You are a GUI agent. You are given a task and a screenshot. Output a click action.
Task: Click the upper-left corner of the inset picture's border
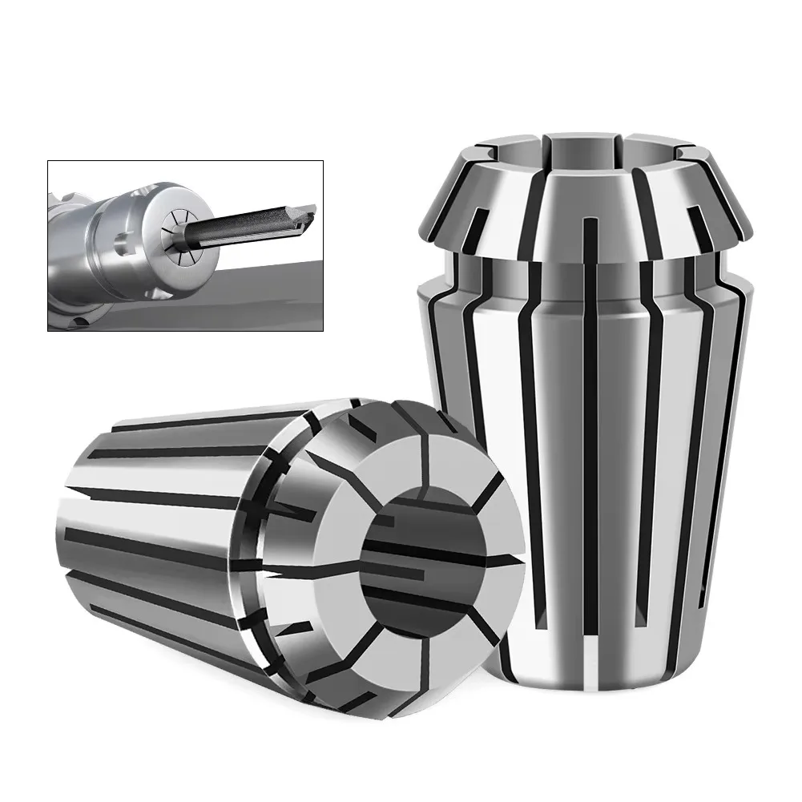tap(47, 160)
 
